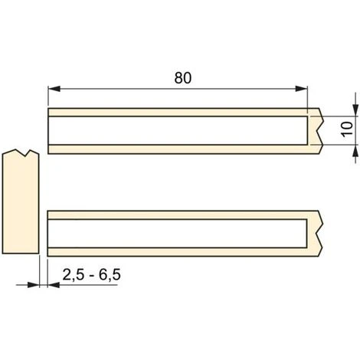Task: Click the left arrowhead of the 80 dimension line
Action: click(53, 89)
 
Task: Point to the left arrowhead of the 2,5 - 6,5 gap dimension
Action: click(34, 284)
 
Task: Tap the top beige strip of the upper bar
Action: click(176, 112)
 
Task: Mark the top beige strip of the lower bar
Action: click(176, 213)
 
